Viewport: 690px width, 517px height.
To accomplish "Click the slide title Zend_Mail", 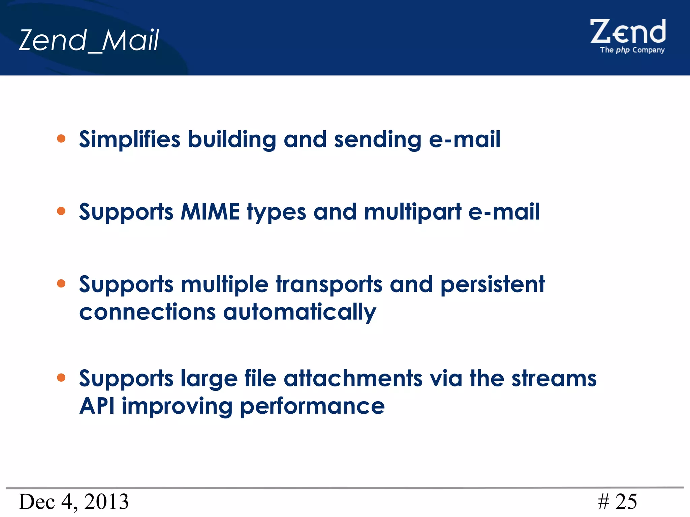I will coord(89,40).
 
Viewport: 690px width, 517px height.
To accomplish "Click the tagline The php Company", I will coord(632,50).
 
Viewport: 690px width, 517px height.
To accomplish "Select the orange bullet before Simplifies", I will coord(61,139).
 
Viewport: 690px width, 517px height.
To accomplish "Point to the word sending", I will coord(378,140).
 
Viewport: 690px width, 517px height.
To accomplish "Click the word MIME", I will coord(210,212).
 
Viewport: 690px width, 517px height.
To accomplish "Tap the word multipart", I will coord(413,212).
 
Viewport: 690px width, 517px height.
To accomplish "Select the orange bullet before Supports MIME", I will coord(61,211).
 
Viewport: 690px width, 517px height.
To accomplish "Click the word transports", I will coord(329,285).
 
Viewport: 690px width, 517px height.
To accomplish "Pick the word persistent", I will coord(493,285).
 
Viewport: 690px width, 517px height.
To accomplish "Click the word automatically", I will coord(300,312).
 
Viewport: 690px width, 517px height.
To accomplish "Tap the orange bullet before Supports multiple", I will coord(61,283).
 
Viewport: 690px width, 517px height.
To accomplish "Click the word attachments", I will coord(353,378).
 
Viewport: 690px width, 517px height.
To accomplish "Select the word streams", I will coord(554,378).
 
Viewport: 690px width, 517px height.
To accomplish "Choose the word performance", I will coord(312,407).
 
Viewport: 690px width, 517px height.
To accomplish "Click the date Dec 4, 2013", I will coord(73,502).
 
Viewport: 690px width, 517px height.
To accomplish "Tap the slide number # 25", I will coord(617,502).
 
